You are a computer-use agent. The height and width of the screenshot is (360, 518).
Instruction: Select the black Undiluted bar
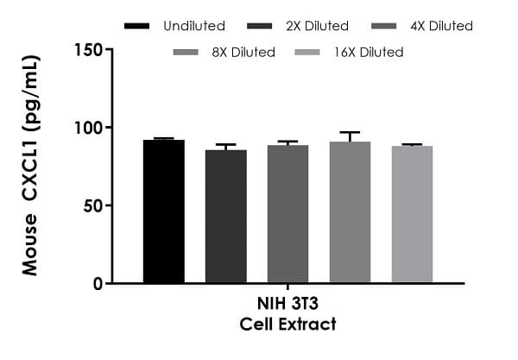coord(164,212)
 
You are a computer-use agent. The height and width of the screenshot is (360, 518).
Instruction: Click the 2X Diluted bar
coord(226,216)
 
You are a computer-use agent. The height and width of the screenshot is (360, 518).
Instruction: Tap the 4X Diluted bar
coord(288,214)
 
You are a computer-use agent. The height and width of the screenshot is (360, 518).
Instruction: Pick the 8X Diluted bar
coord(350,212)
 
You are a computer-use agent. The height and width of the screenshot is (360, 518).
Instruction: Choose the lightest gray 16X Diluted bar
coord(412,214)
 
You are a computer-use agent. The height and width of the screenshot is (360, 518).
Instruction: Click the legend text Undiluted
coord(193,26)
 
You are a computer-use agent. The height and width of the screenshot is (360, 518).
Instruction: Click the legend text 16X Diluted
coord(370,52)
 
